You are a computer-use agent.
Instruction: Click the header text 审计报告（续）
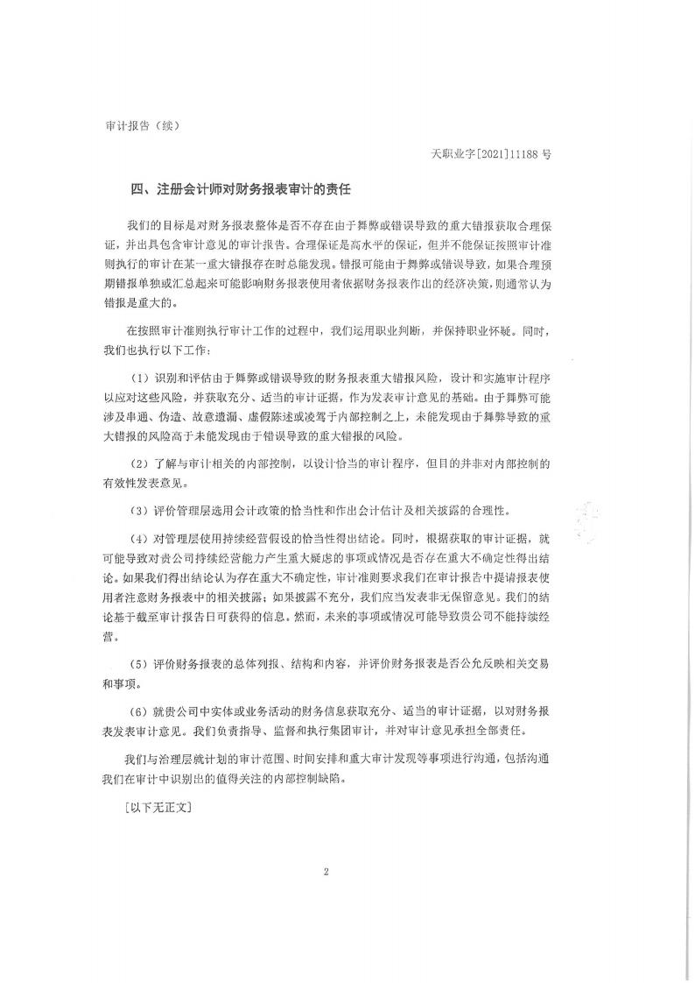[x=141, y=125]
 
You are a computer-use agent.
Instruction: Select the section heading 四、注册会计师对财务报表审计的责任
[x=240, y=188]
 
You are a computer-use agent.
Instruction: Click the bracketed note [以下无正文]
[x=158, y=805]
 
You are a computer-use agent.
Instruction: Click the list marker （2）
[x=140, y=462]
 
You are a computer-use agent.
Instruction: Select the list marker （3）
[x=140, y=510]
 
